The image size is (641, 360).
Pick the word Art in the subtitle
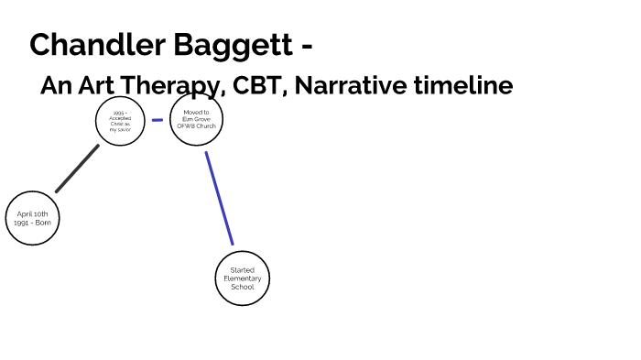coord(94,86)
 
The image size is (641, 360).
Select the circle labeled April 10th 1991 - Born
coord(32,218)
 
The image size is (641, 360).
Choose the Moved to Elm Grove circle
coord(197,119)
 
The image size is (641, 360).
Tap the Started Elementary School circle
coord(243,278)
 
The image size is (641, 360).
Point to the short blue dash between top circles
coord(158,120)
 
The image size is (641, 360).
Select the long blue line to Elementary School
coord(219,198)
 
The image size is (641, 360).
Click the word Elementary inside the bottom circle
coord(243,278)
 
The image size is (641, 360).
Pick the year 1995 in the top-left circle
coord(118,113)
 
